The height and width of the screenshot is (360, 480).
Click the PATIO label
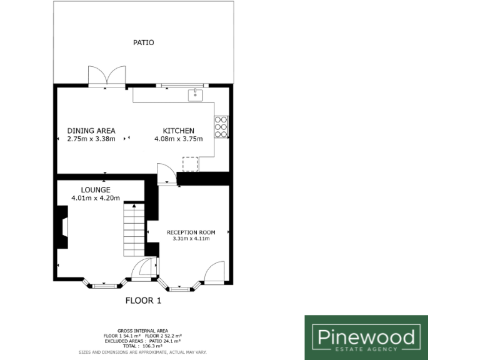click(143, 42)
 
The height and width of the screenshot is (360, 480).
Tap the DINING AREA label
click(91, 131)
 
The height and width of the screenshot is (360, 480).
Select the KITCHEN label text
click(174, 131)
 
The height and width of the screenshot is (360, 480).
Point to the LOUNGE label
click(96, 190)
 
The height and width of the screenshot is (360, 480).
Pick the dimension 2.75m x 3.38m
click(91, 139)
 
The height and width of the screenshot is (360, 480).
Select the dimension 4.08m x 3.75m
click(179, 139)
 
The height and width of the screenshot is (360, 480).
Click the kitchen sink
click(196, 94)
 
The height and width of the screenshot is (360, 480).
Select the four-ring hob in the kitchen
click(221, 126)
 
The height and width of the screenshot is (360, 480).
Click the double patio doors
click(107, 77)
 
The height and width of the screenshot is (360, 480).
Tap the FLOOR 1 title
click(143, 301)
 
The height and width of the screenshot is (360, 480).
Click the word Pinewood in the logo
click(366, 338)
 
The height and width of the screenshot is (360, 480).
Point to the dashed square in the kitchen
click(190, 164)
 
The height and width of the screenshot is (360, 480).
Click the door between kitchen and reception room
click(166, 174)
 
